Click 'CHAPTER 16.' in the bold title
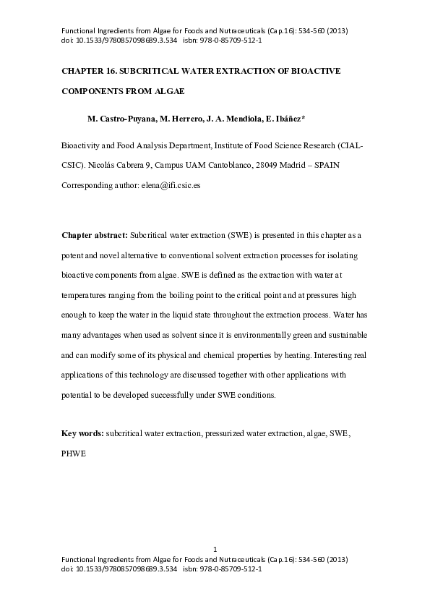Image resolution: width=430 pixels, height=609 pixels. (x=88, y=73)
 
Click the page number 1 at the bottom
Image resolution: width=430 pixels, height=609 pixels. (x=215, y=551)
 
